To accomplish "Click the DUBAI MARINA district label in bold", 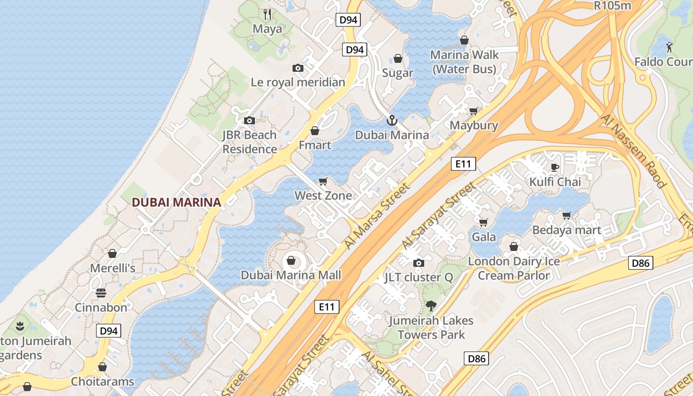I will (x=176, y=202).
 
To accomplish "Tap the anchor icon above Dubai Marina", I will (x=392, y=120).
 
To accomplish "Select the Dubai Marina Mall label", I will (x=291, y=275).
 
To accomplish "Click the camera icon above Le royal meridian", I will (x=298, y=68).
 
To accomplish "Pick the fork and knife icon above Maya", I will (x=267, y=14).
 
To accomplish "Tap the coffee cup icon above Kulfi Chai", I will (x=555, y=167).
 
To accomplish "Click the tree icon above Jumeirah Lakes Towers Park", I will (x=431, y=305).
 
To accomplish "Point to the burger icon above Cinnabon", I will (x=101, y=293).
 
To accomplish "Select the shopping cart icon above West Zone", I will (x=323, y=181).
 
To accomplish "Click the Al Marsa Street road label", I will (x=378, y=216).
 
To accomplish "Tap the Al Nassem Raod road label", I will (x=634, y=151).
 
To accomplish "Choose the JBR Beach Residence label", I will (x=249, y=142).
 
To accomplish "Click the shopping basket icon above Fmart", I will (x=315, y=131).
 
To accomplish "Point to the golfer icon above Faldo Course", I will (x=670, y=47).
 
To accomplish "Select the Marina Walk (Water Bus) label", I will (x=464, y=62).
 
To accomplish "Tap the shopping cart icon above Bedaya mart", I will (x=567, y=215).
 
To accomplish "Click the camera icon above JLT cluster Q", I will (x=419, y=263).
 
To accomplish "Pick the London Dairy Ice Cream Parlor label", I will (x=514, y=268).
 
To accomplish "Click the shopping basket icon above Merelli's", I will (x=112, y=253).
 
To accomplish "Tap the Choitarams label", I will (x=102, y=382).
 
